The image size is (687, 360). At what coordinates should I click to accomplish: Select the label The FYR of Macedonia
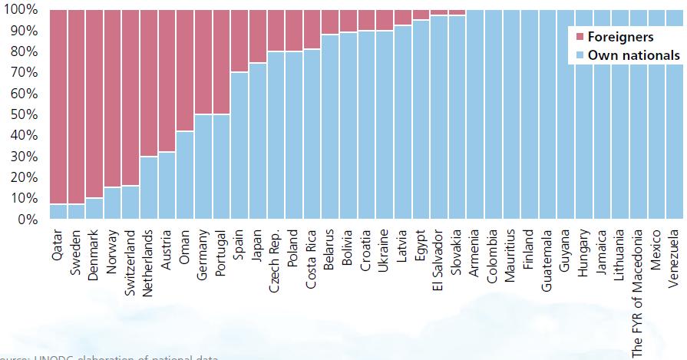(638, 292)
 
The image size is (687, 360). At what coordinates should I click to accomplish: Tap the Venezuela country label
(674, 258)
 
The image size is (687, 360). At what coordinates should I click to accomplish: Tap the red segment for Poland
(294, 31)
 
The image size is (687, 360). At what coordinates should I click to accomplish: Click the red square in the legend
(580, 37)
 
